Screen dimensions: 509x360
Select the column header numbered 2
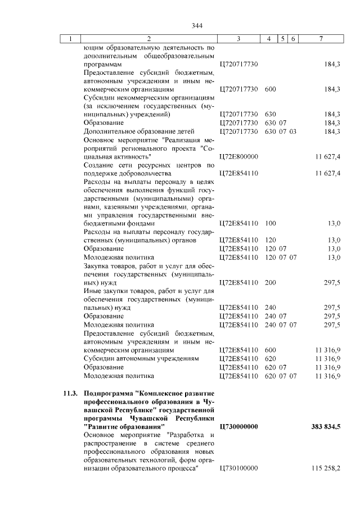[148, 39]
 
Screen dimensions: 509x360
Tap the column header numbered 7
[321, 39]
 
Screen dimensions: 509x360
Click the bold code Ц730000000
[237, 427]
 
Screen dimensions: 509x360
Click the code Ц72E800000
[237, 156]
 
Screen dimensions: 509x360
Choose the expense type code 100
[270, 223]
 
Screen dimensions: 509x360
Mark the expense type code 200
[270, 282]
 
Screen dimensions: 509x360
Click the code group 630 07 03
[281, 131]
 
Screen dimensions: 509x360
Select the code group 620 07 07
[281, 375]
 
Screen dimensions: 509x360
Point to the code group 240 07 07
[281, 325]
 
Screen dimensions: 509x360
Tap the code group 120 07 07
[281, 257]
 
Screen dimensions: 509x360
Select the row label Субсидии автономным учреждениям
[141, 358]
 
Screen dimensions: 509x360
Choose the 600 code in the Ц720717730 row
[270, 89]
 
